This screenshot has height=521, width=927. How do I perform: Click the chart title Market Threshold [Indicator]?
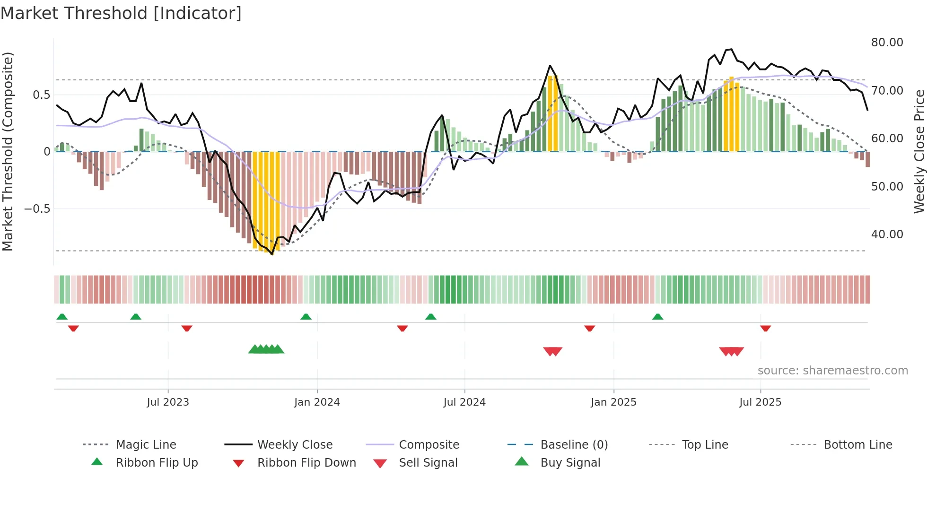(x=121, y=13)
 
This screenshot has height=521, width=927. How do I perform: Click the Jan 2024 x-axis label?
(x=317, y=402)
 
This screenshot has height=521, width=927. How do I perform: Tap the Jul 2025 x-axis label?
(x=760, y=402)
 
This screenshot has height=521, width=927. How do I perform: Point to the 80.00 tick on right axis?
(x=887, y=43)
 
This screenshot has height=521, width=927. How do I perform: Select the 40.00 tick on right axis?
(x=887, y=234)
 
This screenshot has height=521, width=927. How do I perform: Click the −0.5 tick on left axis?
(x=37, y=208)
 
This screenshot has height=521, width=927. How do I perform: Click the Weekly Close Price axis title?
(x=919, y=151)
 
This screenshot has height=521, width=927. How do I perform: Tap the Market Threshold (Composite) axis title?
(x=8, y=151)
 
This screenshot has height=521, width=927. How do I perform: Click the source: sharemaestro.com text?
(x=832, y=370)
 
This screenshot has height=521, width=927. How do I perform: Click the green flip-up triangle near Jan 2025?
(x=657, y=317)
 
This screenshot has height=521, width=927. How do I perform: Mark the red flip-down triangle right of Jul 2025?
(x=766, y=328)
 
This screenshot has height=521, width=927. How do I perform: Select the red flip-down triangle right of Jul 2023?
(x=187, y=328)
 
